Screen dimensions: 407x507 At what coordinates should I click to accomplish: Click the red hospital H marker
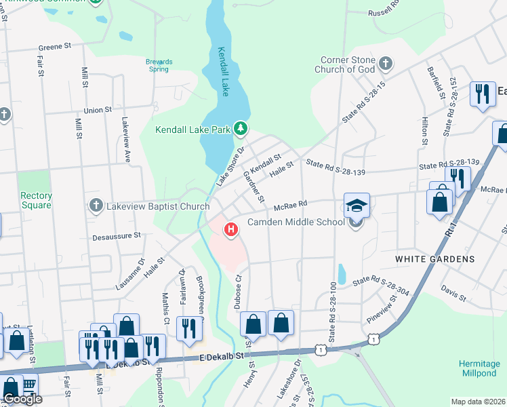click(232, 230)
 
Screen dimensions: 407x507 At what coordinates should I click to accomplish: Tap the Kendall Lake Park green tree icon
click(240, 128)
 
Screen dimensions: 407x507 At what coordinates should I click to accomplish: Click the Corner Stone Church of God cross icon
click(386, 64)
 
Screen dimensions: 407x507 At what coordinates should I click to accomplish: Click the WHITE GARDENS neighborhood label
click(445, 259)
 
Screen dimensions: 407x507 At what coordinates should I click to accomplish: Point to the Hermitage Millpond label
click(479, 368)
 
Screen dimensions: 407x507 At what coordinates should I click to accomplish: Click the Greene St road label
click(55, 47)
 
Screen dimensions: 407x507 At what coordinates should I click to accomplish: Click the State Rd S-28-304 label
click(380, 279)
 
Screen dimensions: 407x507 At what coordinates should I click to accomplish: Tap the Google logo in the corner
click(22, 399)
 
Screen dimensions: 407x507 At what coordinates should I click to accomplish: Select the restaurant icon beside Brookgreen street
click(187, 328)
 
